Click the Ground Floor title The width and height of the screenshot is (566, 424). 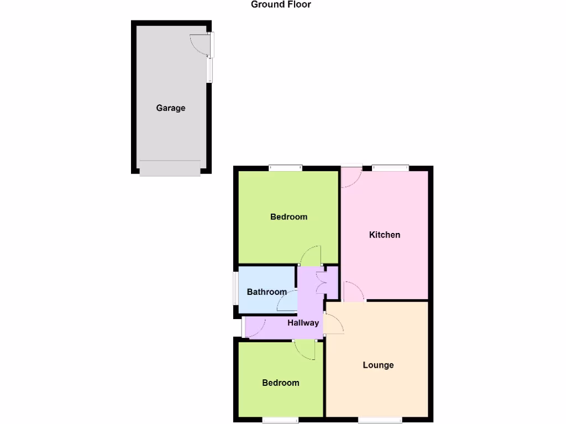click(x=281, y=5)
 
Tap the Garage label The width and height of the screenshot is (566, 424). click(x=170, y=108)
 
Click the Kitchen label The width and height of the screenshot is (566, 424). click(x=385, y=235)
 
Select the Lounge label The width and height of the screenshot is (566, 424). click(x=378, y=365)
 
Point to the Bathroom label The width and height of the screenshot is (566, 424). click(x=266, y=292)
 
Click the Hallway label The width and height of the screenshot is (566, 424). click(x=303, y=323)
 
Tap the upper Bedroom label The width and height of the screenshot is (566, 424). click(x=289, y=217)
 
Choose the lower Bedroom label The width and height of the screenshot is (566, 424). click(x=281, y=383)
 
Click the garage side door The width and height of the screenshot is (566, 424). click(x=200, y=45)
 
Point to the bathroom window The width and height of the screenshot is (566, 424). click(x=234, y=291)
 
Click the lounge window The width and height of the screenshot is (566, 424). click(x=380, y=420)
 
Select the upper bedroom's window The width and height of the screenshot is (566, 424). click(x=286, y=168)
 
